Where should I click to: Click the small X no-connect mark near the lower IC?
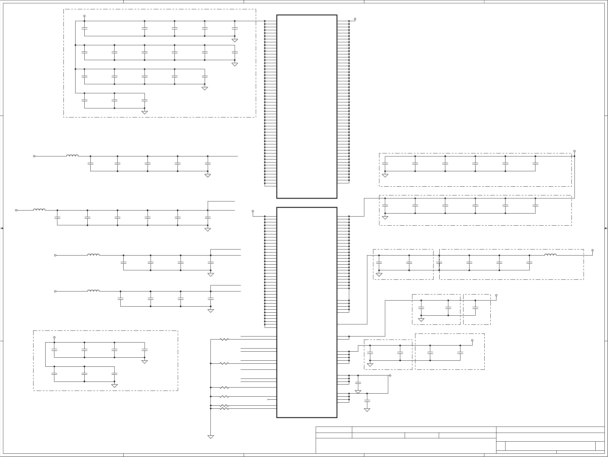pyautogui.click(x=268, y=399)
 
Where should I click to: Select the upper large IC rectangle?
pyautogui.click(x=307, y=106)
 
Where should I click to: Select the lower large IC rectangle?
pyautogui.click(x=307, y=312)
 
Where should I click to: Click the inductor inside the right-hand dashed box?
pyautogui.click(x=550, y=255)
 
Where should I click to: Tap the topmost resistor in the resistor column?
pyautogui.click(x=224, y=340)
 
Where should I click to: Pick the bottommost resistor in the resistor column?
pyautogui.click(x=224, y=409)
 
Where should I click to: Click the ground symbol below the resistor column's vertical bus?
pyautogui.click(x=210, y=437)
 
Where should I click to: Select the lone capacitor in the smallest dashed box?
pyautogui.click(x=475, y=308)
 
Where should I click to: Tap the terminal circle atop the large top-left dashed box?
pyautogui.click(x=84, y=16)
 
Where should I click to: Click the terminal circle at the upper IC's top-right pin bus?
pyautogui.click(x=355, y=19)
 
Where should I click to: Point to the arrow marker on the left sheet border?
pyautogui.click(x=2, y=228)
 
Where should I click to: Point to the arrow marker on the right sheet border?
pyautogui.click(x=606, y=228)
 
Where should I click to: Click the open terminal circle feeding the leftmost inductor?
pyautogui.click(x=16, y=210)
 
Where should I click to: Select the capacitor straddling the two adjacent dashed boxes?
pyautogui.click(x=439, y=263)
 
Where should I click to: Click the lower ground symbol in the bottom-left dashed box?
pyautogui.click(x=114, y=386)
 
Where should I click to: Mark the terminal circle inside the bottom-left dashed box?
pyautogui.click(x=54, y=337)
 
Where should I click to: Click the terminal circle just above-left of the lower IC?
pyautogui.click(x=252, y=211)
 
